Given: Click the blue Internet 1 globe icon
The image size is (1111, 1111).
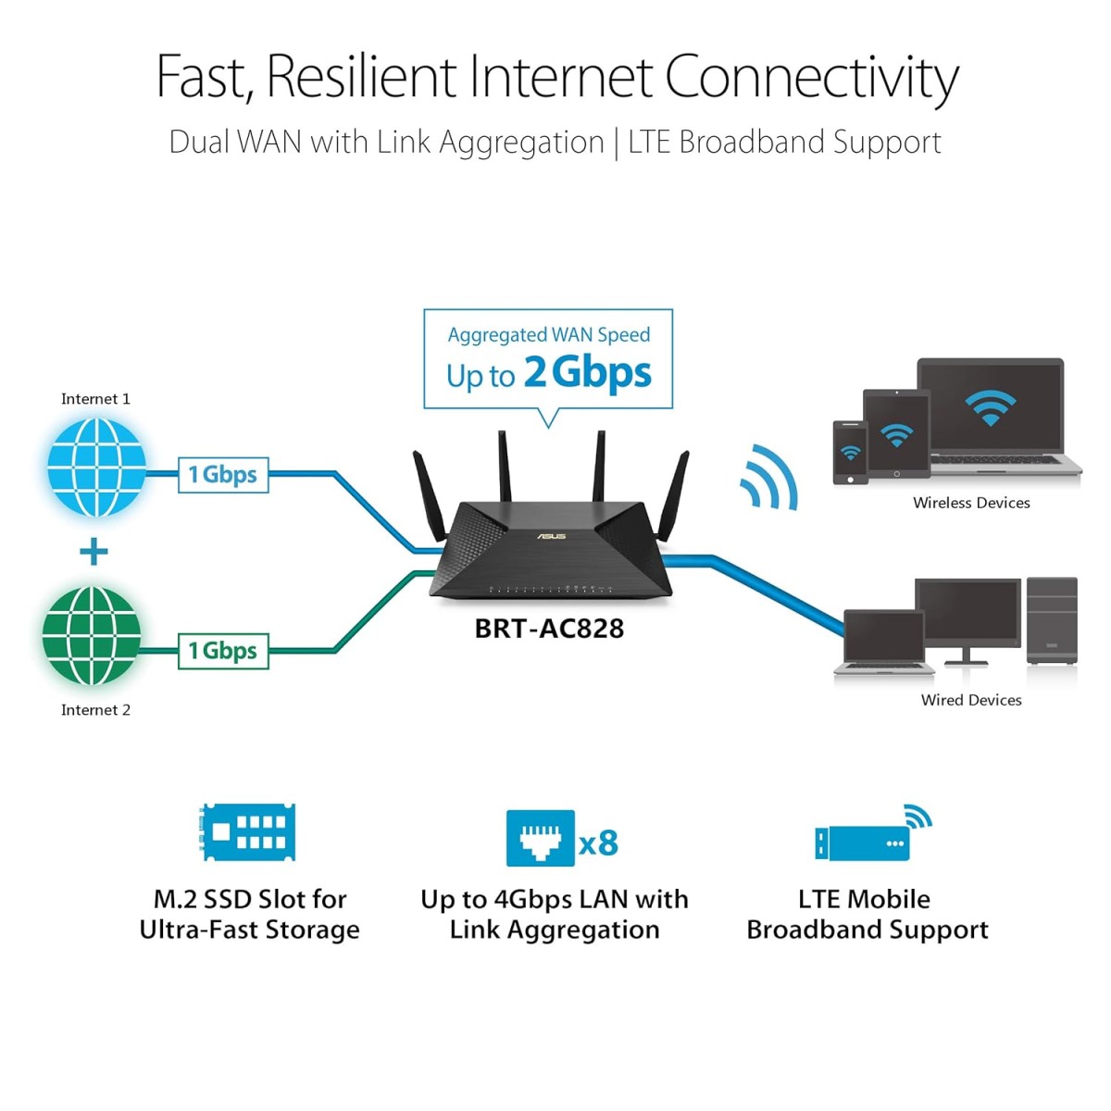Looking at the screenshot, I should (x=96, y=467).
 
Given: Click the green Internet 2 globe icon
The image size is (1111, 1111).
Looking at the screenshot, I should (x=92, y=635).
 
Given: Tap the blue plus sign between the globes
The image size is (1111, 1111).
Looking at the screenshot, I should (x=94, y=553).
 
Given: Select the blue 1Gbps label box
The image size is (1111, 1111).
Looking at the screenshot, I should (x=223, y=475).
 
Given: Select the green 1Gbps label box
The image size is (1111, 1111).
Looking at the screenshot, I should (x=223, y=651).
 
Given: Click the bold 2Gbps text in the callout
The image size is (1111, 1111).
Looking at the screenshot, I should (x=588, y=372).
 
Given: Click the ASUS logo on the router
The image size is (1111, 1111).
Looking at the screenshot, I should (x=552, y=536).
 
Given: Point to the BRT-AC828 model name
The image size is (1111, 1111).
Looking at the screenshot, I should (x=549, y=629).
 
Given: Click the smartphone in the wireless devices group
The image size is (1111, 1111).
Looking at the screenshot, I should (x=850, y=453).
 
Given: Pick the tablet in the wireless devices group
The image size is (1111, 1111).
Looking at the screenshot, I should (x=895, y=434).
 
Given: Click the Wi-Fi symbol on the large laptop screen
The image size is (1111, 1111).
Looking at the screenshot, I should (x=990, y=407).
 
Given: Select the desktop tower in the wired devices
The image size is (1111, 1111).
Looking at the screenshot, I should (x=1052, y=619).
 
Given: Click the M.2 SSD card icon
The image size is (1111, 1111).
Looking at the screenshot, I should (x=248, y=831).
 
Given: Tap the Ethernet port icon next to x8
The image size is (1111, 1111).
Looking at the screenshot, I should (x=541, y=839).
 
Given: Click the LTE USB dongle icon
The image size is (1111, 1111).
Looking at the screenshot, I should (x=863, y=843).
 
